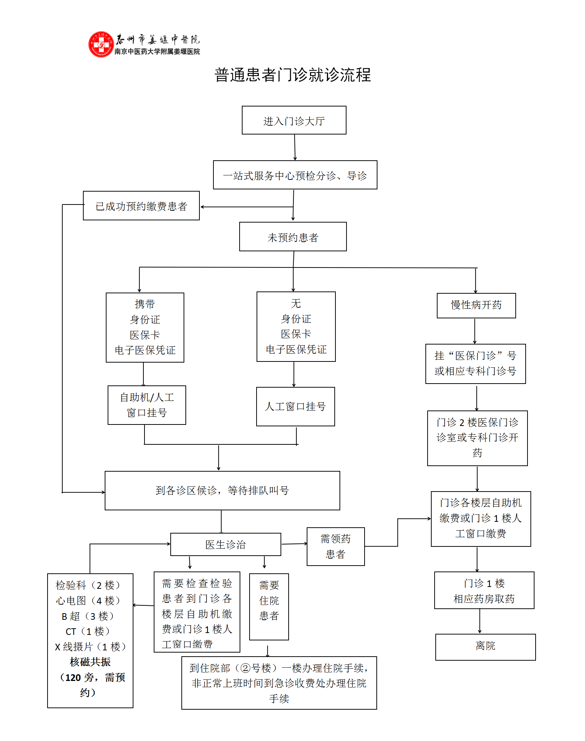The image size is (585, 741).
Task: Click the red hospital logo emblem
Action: pos(101,45)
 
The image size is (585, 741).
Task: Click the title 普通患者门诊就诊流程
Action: pos(292,75)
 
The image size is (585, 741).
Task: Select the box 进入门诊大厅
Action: pos(294,120)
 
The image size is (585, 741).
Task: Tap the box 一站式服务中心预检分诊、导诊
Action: pos(295,175)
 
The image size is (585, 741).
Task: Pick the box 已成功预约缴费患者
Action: pos(141,206)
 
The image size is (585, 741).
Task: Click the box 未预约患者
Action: pos(293,237)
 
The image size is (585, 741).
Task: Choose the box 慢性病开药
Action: pos(476,305)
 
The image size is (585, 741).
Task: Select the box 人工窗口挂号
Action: pos(295,406)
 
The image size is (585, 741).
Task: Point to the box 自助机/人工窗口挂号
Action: pos(147,405)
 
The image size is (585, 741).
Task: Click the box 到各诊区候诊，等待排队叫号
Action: pos(222,490)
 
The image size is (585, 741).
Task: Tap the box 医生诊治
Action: pos(226,544)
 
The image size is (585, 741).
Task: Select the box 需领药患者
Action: pos(335,546)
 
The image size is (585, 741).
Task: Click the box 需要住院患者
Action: pos(269,600)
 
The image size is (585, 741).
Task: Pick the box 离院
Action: pos(485,647)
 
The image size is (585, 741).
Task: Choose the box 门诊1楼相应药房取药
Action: pos(484,591)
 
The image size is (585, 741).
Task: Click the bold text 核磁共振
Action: pos(90,662)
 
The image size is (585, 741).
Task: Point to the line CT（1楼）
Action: pos(88,632)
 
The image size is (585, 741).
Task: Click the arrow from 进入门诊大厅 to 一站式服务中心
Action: pos(295,147)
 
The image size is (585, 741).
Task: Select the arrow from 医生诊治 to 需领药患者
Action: pos(294,544)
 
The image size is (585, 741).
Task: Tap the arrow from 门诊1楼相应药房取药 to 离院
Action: pos(480,621)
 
